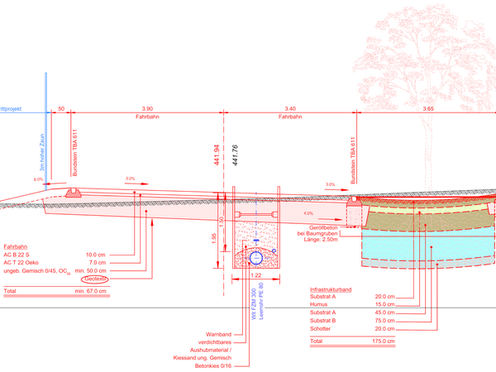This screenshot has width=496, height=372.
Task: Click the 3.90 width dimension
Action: pos(147,109)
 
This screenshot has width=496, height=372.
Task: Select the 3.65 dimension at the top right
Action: pos(428,109)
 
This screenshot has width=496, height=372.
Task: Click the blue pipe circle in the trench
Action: pos(255,257)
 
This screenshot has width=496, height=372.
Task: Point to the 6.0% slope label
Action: pos(37,179)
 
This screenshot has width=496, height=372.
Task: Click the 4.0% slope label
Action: pos(308,212)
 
